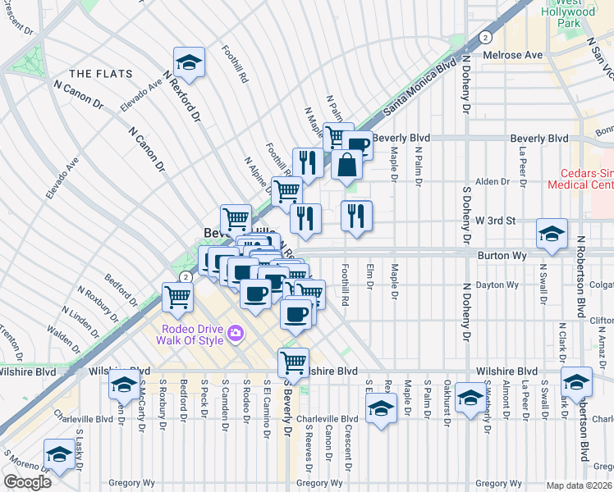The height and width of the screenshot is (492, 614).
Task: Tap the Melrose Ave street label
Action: (516, 55)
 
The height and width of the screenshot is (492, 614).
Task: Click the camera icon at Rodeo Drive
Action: (236, 333)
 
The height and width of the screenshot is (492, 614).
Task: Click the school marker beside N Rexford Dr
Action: (189, 63)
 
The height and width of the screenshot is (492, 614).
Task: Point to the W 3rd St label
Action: (497, 221)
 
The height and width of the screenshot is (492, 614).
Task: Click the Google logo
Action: (27, 482)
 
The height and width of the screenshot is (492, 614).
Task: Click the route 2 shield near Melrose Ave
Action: (486, 38)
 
